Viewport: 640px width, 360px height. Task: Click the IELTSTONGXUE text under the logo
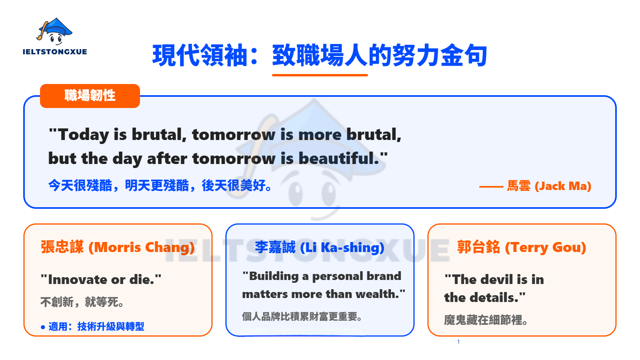[x=55, y=52]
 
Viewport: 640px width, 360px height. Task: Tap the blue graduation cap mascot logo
[x=55, y=31]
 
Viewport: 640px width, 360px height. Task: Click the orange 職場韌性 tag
[x=90, y=96]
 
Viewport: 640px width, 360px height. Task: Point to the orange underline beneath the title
[x=320, y=75]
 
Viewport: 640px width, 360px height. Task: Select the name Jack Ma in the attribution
[x=563, y=186]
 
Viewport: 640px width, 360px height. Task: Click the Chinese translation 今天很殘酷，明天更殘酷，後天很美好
[x=160, y=186]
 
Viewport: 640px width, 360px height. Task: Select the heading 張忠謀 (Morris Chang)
[x=118, y=247]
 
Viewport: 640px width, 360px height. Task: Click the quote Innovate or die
[x=101, y=279]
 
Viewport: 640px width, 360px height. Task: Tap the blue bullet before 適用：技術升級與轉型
[x=43, y=327]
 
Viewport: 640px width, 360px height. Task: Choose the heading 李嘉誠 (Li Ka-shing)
[x=320, y=247]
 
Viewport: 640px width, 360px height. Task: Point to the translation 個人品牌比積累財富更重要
[x=302, y=317]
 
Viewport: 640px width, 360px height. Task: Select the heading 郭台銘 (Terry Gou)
[x=522, y=247]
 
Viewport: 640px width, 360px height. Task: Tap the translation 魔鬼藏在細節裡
[x=486, y=320]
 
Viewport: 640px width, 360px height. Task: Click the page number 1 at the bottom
[x=458, y=342]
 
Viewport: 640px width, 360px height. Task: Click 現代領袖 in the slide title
[x=200, y=55]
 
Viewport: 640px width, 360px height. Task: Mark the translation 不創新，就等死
[x=82, y=302]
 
